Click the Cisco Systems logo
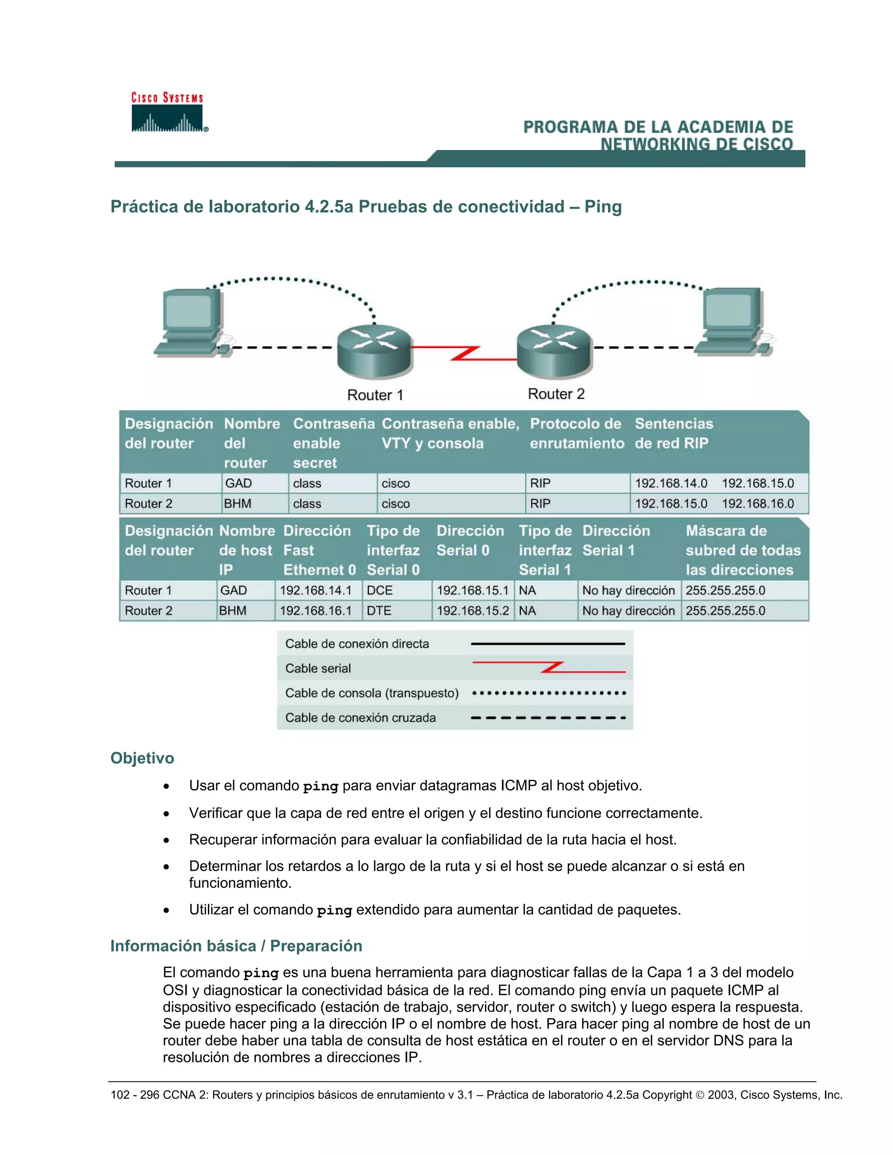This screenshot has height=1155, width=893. [168, 112]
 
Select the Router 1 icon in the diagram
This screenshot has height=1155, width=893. [375, 350]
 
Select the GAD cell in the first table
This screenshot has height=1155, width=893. [239, 483]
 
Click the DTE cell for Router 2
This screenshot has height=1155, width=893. [379, 611]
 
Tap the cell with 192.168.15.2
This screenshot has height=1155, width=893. [472, 611]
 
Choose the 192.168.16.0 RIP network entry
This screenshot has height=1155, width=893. [757, 503]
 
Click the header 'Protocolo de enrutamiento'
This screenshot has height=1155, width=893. [576, 433]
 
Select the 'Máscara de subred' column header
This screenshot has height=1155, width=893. [743, 550]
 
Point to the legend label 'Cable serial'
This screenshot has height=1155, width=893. [318, 669]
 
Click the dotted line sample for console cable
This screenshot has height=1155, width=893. [549, 693]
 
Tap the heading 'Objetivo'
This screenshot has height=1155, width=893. [142, 758]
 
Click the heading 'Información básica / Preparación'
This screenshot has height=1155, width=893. [236, 946]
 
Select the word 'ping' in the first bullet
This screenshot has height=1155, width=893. [320, 786]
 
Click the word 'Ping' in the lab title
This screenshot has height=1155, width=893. [603, 206]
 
